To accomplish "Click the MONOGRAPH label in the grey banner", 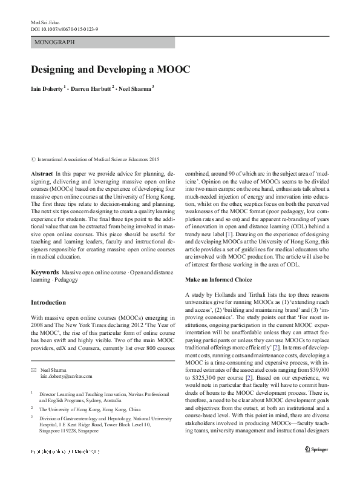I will (55, 42).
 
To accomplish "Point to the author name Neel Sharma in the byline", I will (137, 88).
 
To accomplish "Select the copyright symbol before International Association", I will (33, 160).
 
